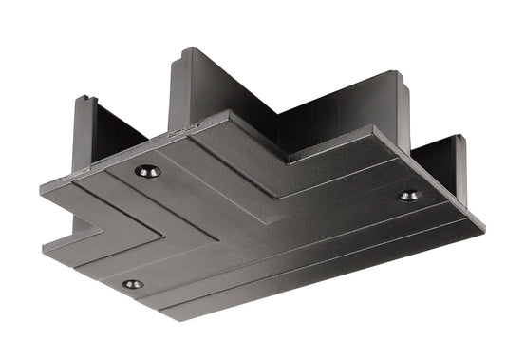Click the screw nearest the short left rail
147,171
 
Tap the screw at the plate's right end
409,196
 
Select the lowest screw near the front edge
132,283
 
